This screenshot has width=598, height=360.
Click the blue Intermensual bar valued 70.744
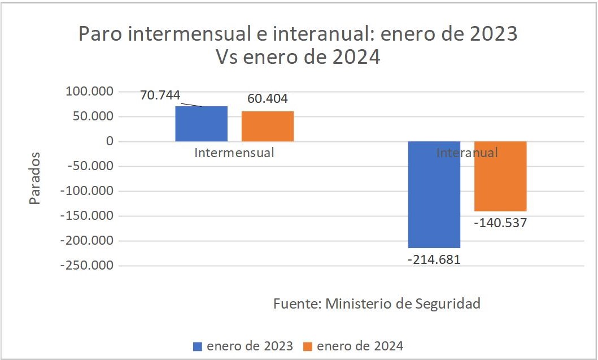tap(202, 124)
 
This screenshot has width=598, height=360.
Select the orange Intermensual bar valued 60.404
tap(268, 126)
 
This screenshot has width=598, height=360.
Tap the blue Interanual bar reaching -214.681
tap(434, 194)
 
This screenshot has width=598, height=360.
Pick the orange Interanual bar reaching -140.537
tap(500, 176)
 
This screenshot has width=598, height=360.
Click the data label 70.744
tap(160, 95)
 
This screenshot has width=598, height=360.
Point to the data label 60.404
tap(268, 99)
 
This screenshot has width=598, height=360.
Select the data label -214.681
tap(434, 260)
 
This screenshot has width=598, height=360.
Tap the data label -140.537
tap(500, 223)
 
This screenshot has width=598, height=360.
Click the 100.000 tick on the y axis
tap(90, 92)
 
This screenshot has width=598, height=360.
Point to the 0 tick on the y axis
tap(110, 141)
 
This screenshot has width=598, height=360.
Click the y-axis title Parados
tap(35, 178)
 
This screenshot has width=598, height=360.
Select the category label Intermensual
tap(234, 153)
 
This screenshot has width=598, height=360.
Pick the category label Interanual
tap(467, 153)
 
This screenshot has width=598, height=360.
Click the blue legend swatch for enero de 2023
tap(198, 346)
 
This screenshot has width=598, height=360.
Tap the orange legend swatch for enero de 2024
tap(308, 346)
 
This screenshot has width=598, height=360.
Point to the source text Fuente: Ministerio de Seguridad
tap(377, 303)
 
